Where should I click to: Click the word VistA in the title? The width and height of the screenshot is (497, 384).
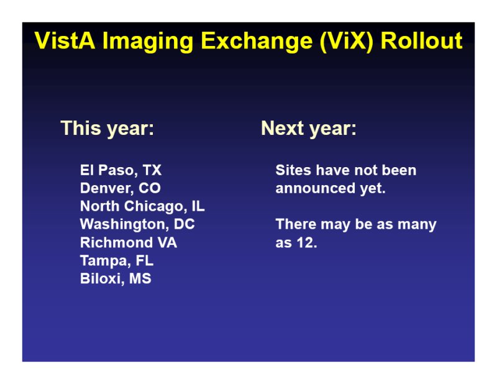(65, 40)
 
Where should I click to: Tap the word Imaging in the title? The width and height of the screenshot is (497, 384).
(148, 42)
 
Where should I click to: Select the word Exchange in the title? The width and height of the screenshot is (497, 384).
(257, 42)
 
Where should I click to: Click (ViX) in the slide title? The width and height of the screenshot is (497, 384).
(347, 42)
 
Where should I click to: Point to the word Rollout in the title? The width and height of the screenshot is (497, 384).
(422, 40)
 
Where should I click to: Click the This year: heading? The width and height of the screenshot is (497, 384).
(107, 129)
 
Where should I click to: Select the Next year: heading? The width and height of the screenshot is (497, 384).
(309, 129)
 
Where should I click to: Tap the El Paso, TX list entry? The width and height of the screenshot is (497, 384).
(121, 170)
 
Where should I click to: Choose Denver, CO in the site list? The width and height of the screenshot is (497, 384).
(121, 188)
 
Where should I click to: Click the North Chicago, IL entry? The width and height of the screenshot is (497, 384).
(142, 206)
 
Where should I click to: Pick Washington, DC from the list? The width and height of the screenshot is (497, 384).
(137, 224)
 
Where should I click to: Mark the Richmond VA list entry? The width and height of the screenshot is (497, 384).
(129, 242)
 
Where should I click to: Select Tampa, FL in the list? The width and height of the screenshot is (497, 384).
(117, 261)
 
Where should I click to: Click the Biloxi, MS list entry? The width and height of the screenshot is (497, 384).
(116, 279)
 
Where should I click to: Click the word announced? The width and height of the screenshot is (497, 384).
(316, 188)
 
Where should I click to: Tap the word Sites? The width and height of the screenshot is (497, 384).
(293, 170)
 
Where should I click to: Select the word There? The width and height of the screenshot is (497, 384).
(296, 224)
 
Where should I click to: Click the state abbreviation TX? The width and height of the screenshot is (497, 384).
(152, 170)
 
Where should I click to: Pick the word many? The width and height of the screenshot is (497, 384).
(417, 225)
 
